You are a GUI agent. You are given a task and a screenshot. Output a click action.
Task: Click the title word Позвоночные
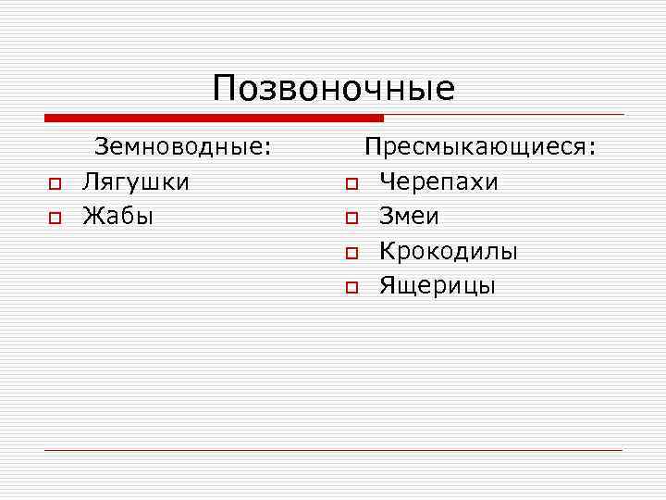click(333, 89)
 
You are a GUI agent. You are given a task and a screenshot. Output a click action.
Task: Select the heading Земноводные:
click(184, 146)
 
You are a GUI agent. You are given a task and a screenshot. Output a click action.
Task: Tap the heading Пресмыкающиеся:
click(480, 146)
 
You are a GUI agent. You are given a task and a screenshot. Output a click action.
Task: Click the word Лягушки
click(136, 181)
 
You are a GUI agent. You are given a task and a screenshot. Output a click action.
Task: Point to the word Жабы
click(117, 217)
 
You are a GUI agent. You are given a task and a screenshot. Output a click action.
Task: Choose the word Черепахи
click(438, 181)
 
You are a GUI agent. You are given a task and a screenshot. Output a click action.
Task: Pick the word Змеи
click(409, 217)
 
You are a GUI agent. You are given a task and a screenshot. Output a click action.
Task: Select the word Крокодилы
click(449, 252)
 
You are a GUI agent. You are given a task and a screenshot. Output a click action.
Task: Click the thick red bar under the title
click(213, 118)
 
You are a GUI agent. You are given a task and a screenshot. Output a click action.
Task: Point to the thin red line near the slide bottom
click(333, 450)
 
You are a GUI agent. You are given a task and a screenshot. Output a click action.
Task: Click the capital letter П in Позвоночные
click(225, 89)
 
